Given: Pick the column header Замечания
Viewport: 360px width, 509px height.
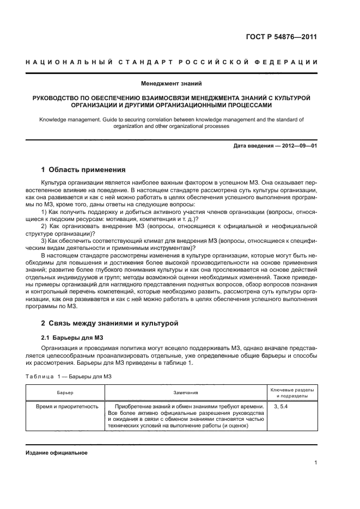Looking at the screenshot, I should coord(186,393).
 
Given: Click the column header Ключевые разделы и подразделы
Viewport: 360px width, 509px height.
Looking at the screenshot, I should coord(291,393).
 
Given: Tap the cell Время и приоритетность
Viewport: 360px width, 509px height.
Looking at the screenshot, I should coord(67,406).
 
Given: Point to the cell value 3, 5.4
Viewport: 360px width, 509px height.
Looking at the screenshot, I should coord(280,406).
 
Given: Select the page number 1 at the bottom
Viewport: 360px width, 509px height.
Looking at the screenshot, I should coord(315,463).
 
